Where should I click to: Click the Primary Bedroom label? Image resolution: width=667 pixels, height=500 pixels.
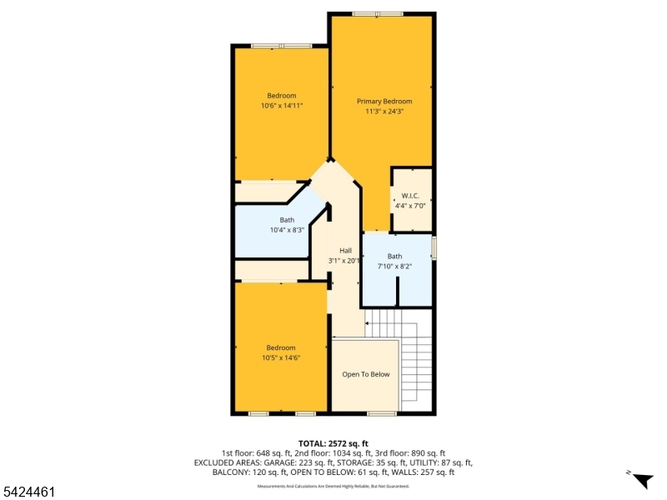click(384, 101)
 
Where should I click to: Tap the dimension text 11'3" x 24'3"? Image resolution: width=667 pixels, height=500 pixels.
click(384, 112)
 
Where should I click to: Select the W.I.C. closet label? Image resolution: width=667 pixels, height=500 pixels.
click(410, 196)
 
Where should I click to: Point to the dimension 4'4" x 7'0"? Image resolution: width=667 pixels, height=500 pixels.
click(410, 206)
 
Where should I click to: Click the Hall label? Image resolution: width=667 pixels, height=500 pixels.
click(345, 250)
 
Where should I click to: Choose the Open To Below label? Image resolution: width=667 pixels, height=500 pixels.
click(366, 374)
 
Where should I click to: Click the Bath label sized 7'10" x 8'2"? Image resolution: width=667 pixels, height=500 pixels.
click(394, 256)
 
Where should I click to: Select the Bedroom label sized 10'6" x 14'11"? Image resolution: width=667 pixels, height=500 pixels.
click(281, 95)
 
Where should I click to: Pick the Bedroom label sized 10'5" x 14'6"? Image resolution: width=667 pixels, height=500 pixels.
click(281, 347)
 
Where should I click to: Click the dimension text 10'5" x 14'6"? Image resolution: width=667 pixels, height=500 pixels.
click(281, 357)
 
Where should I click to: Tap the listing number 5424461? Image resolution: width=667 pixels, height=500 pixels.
click(29, 492)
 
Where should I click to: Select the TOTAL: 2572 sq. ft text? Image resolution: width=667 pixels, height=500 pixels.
click(333, 442)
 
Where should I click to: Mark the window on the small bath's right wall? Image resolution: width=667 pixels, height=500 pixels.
click(434, 247)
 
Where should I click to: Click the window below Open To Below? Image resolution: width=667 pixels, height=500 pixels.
click(382, 413)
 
